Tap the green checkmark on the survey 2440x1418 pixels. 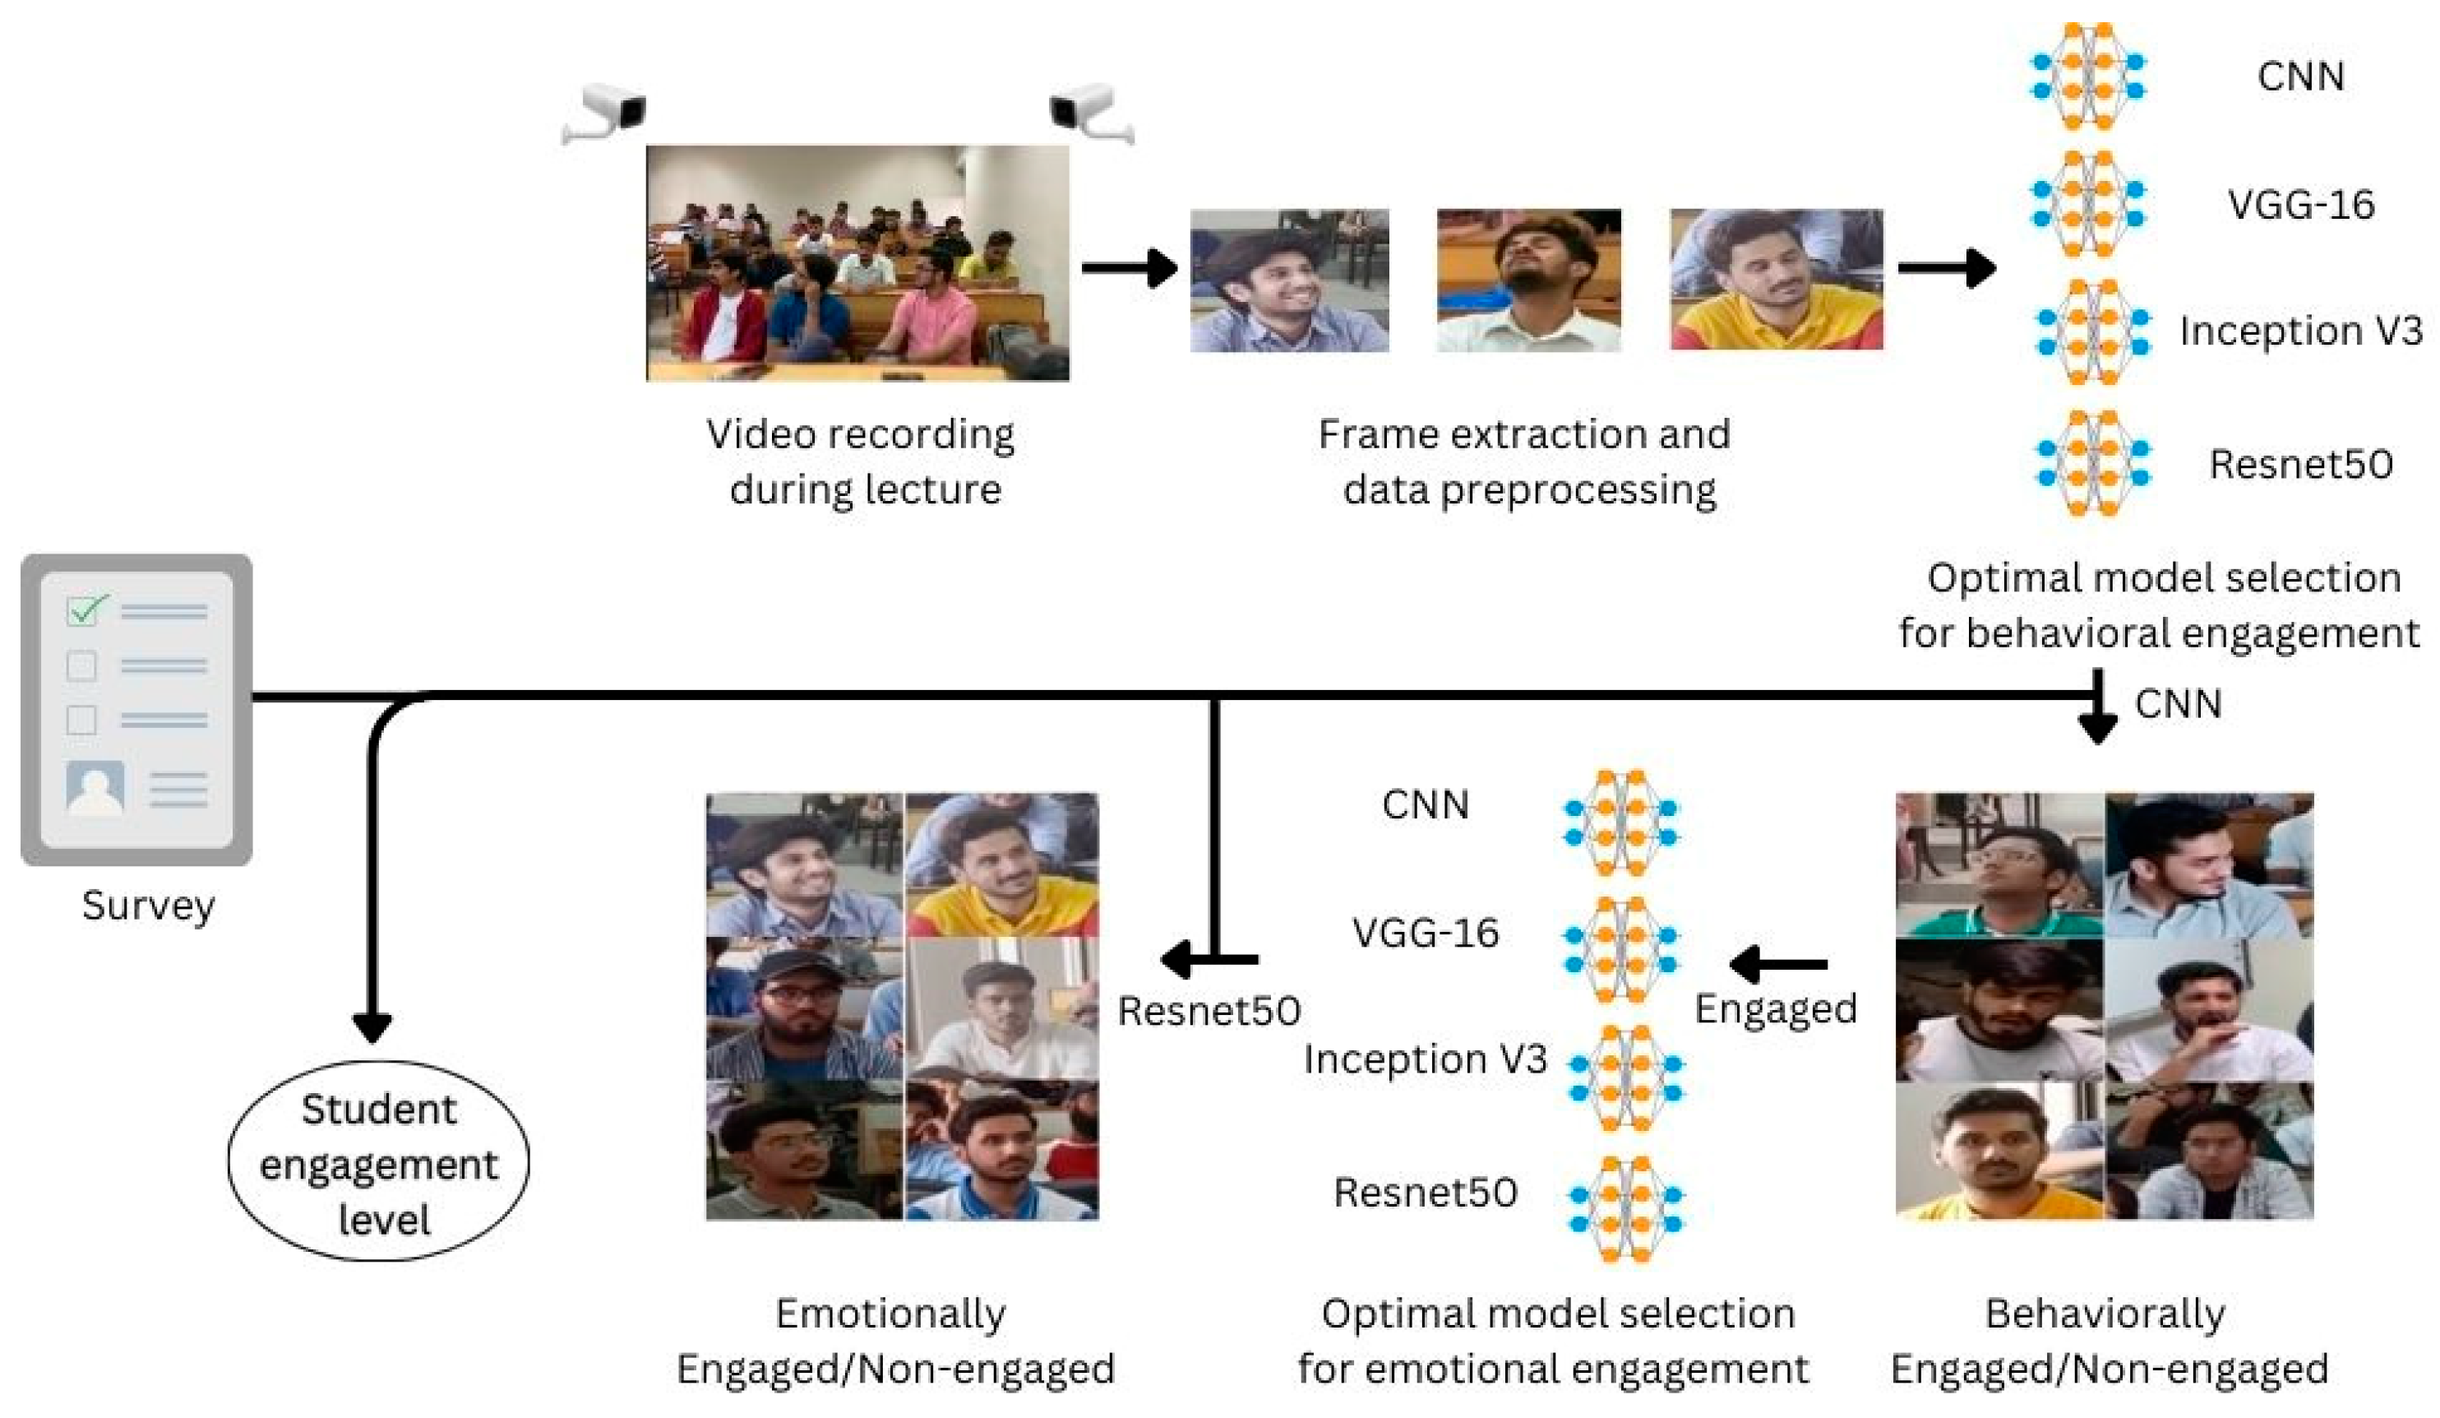tap(87, 609)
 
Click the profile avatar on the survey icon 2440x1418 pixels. tap(95, 786)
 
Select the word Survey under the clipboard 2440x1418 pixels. tap(148, 906)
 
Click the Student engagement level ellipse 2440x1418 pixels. tap(379, 1162)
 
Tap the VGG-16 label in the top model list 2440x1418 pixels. tap(2299, 204)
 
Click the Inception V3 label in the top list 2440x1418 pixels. tap(2299, 331)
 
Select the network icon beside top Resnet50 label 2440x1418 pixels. tap(2091, 463)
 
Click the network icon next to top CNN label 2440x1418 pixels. tap(2086, 76)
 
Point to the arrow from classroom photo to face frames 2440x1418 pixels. tap(1128, 267)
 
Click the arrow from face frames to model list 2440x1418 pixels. tap(1946, 267)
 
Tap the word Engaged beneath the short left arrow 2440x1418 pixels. tap(1775, 1009)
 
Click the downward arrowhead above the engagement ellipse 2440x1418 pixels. tap(372, 1026)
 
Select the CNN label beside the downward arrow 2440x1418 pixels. tap(2177, 704)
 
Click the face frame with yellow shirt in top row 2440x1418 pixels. tap(1776, 279)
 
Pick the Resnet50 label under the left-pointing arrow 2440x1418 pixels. tap(1208, 1011)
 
